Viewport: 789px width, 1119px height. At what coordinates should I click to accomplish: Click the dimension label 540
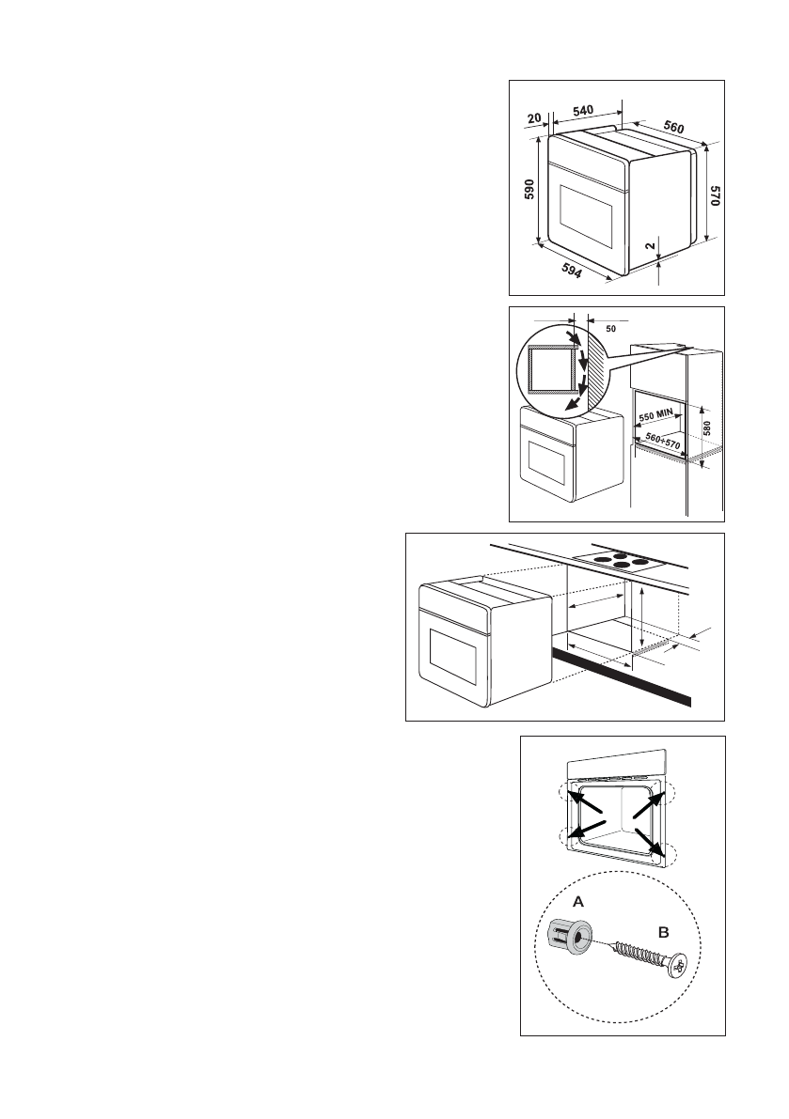[582, 111]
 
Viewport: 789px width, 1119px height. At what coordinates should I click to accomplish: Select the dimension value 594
[570, 270]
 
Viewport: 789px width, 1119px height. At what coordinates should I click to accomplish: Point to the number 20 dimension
[534, 119]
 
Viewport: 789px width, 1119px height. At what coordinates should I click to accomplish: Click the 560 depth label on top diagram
[673, 127]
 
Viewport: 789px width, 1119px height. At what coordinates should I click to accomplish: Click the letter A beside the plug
[578, 900]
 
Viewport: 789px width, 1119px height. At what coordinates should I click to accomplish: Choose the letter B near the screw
[662, 934]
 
